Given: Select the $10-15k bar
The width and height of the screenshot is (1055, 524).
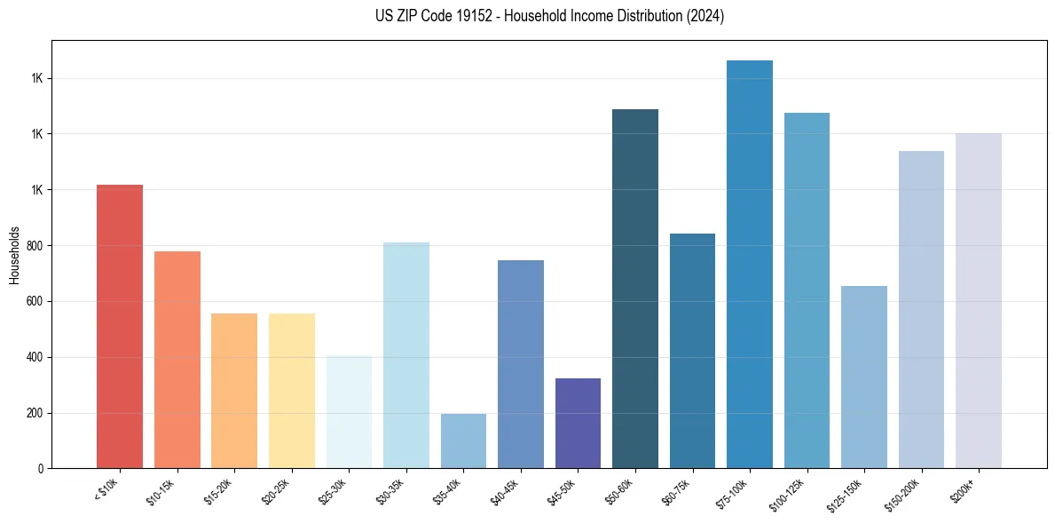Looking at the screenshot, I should [x=177, y=360].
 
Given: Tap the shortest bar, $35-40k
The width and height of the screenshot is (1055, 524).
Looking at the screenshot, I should [x=463, y=441].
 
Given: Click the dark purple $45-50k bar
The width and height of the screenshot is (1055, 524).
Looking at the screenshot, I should [x=578, y=423].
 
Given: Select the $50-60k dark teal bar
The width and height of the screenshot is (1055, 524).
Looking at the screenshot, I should [x=635, y=289].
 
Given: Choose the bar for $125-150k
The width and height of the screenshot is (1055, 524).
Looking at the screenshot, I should [x=864, y=377].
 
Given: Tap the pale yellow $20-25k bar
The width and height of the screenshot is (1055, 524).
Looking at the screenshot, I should [x=292, y=391].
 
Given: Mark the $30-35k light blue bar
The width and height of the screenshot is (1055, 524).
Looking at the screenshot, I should [x=406, y=355].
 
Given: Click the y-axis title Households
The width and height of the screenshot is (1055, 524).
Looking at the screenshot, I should [x=14, y=255].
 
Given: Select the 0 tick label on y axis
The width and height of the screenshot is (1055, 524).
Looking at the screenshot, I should [x=41, y=469].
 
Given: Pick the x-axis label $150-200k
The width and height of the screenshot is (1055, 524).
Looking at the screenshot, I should [x=902, y=494].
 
